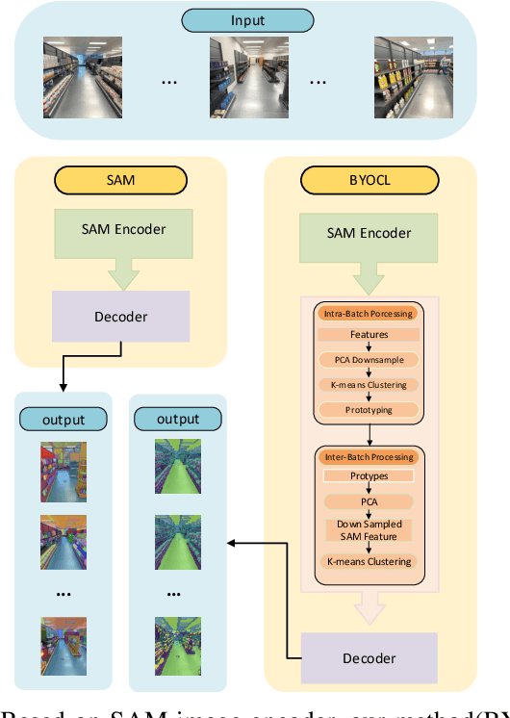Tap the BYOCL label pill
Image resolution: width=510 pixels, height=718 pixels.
[369, 180]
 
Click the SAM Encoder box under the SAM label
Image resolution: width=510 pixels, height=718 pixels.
[124, 229]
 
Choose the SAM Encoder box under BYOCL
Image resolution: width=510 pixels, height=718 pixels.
[369, 233]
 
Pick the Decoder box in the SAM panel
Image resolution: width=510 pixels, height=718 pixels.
[120, 318]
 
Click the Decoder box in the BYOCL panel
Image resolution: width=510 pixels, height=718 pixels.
[369, 658]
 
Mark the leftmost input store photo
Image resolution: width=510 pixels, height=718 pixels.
[83, 70]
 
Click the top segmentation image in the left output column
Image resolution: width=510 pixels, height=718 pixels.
[64, 472]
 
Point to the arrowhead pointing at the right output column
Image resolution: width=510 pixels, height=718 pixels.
[230, 544]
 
